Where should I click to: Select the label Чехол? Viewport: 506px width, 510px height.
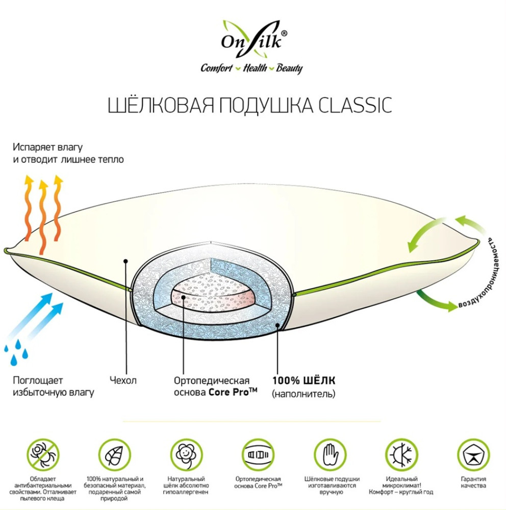123,380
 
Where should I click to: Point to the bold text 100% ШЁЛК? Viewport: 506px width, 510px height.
304,380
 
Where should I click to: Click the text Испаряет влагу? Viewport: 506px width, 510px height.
47,148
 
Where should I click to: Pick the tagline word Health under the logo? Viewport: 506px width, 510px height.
254,68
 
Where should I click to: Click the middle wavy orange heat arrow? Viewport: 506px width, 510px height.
43,214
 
